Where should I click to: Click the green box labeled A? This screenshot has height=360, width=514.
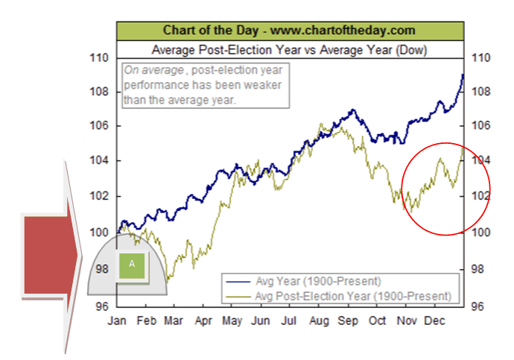(x=131, y=265)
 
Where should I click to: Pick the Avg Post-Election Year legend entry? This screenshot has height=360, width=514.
(x=353, y=296)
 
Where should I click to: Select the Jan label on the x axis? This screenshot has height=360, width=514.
(x=118, y=322)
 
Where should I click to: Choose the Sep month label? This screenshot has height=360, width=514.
(x=348, y=322)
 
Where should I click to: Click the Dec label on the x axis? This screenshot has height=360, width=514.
(x=435, y=322)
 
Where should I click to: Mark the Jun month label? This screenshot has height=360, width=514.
(x=260, y=322)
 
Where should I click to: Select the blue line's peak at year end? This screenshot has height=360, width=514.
(x=463, y=75)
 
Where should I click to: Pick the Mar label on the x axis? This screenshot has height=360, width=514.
(x=174, y=322)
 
